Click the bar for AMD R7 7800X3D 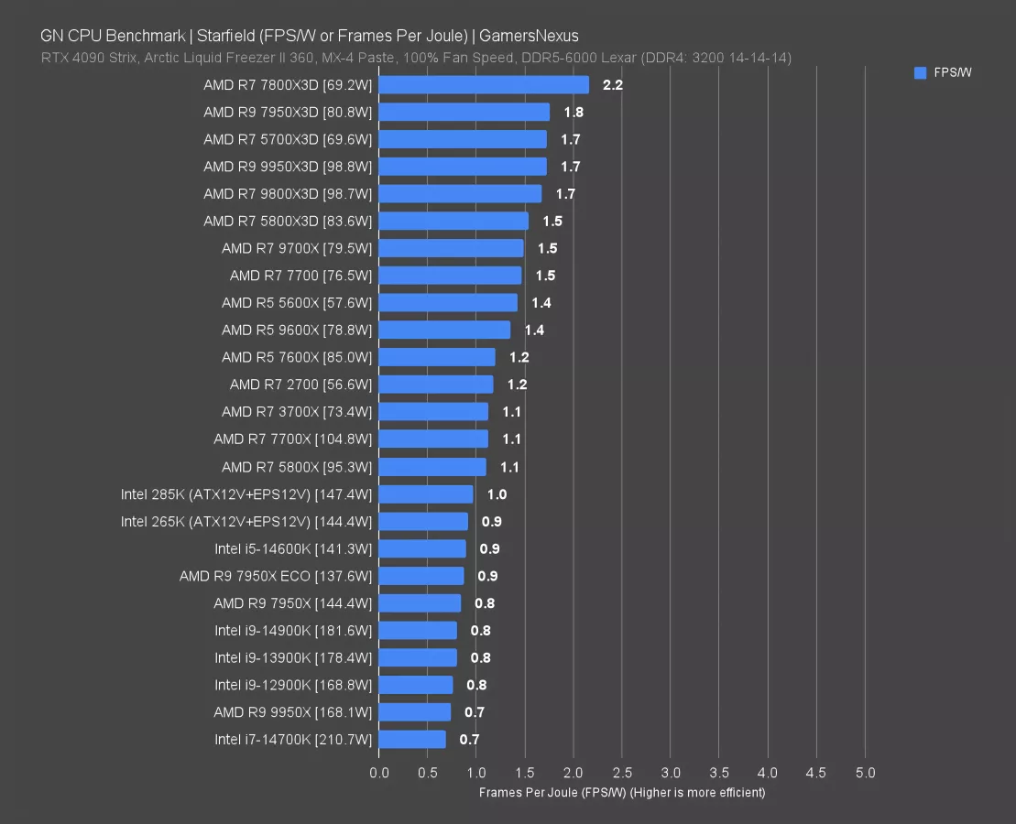(x=484, y=85)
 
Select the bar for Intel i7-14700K (x=412, y=740)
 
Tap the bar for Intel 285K (x=426, y=494)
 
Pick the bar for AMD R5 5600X (x=448, y=303)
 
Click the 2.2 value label (x=613, y=85)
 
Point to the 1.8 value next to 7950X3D (x=574, y=113)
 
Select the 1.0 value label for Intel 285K (x=497, y=494)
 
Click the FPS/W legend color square (x=920, y=73)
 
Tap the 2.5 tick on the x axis (x=622, y=773)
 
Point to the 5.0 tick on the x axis (x=865, y=773)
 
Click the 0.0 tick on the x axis (x=379, y=773)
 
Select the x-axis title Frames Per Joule (x=621, y=792)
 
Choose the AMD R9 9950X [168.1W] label (x=292, y=712)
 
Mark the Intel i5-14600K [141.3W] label (x=293, y=549)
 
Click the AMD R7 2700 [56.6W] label (x=300, y=385)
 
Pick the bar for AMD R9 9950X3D (x=463, y=167)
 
